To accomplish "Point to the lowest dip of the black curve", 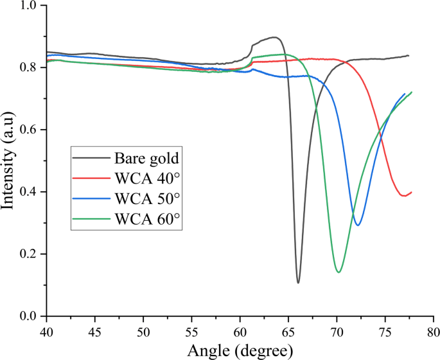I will (298, 282).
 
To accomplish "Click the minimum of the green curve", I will (339, 272).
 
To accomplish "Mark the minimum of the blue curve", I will (358, 225).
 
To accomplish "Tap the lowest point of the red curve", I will (404, 196).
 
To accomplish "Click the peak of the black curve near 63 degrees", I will (274, 37).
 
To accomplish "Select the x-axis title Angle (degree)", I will (240, 350).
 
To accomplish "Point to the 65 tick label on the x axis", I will (288, 331).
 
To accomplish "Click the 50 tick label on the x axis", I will (143, 331).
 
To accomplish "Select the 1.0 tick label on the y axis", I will (31, 6).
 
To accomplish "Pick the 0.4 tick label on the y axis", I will (31, 192).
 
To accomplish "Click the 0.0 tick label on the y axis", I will (31, 316).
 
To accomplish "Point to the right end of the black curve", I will (409, 56).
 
